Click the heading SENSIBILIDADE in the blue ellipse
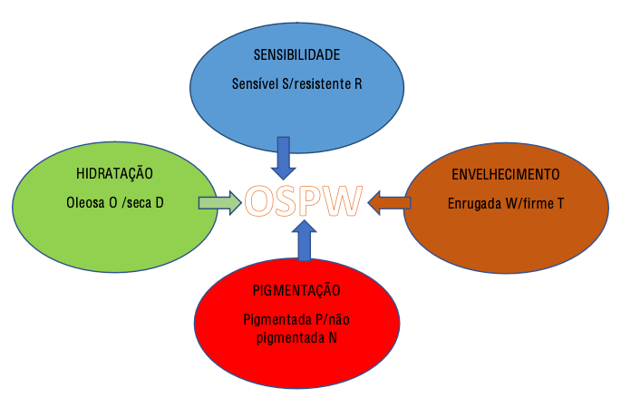296,54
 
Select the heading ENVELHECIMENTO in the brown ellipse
505,173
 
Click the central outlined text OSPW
304,201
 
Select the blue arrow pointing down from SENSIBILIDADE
283,158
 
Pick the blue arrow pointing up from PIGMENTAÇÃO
306,243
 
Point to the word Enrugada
474,202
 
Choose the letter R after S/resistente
358,83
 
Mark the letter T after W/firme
560,202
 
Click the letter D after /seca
159,202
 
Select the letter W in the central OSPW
343,201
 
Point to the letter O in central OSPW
261,201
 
